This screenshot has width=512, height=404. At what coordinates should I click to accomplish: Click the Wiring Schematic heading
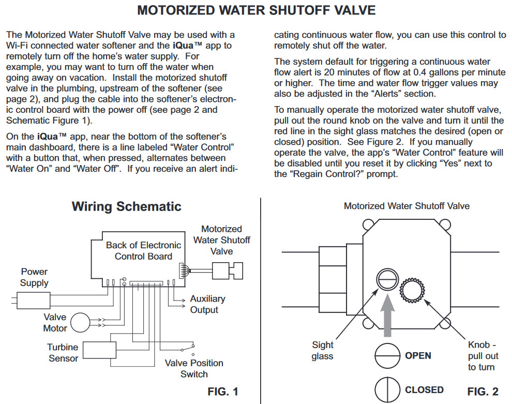coord(126,207)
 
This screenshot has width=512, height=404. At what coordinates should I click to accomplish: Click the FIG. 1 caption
coord(223,391)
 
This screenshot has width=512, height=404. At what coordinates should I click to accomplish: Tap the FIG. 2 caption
coord(483,391)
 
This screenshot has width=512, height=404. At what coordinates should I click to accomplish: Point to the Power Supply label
coord(34,277)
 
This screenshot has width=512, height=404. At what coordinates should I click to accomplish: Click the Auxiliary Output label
coord(207,304)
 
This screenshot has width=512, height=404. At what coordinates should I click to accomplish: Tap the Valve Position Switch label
coord(194,368)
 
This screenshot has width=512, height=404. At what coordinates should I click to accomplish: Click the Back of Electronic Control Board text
coord(143,250)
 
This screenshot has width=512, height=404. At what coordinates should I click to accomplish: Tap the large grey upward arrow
coord(386,316)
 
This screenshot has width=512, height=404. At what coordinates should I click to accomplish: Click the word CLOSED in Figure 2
coord(424,390)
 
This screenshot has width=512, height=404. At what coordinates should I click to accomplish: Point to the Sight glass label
coord(322,350)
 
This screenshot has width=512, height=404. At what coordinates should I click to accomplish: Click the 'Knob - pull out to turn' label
coord(482,356)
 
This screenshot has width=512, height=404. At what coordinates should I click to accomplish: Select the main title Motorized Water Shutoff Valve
coord(257,11)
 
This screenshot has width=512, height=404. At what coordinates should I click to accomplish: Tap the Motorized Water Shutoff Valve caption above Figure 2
coord(406,206)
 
